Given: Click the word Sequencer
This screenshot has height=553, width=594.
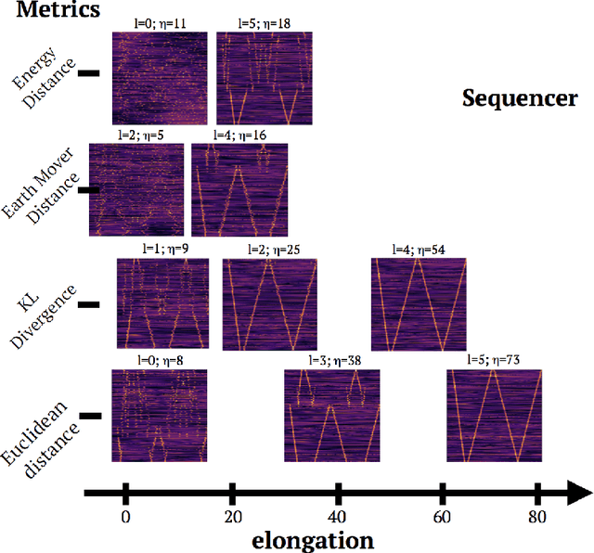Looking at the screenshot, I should [x=520, y=98].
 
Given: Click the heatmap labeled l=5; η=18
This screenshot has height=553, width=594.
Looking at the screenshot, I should [x=265, y=78].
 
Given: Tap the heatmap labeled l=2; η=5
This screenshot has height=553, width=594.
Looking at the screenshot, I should [x=136, y=189].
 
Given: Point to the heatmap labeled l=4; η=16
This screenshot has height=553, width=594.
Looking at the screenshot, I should [x=239, y=189].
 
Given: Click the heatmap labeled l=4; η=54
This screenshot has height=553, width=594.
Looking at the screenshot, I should [x=418, y=302].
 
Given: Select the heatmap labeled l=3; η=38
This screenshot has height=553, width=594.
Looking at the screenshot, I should [x=331, y=415].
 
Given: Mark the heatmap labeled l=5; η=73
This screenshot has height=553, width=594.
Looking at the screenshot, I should [x=494, y=415].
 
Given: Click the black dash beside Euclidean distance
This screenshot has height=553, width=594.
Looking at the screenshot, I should [x=89, y=418].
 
